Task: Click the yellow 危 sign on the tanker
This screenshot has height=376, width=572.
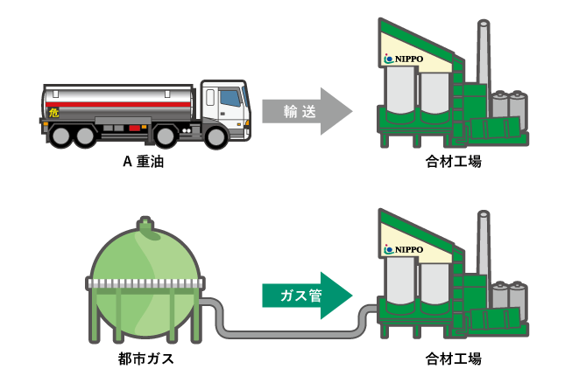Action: click(53, 113)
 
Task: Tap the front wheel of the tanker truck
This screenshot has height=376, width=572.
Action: click(215, 136)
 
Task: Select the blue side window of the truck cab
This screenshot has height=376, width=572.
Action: click(230, 98)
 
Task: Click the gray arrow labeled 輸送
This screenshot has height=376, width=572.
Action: click(307, 111)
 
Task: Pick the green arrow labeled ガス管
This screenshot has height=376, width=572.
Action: click(307, 296)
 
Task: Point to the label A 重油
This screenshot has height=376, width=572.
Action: click(144, 161)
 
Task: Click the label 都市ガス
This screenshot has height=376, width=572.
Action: click(146, 359)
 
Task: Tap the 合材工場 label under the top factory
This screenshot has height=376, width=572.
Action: click(454, 161)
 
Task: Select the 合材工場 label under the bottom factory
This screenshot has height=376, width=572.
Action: click(454, 359)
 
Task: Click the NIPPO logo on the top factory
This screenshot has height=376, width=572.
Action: click(404, 59)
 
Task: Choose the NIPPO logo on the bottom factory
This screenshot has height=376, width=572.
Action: click(404, 249)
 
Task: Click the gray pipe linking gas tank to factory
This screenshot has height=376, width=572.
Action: click(288, 334)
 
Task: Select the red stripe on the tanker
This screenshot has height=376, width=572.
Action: click(118, 104)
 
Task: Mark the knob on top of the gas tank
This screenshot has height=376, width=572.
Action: click(145, 224)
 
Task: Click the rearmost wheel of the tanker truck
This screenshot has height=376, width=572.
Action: click(60, 136)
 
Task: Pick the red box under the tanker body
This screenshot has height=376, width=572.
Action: click(134, 128)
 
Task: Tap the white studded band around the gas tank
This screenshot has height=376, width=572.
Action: click(145, 283)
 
